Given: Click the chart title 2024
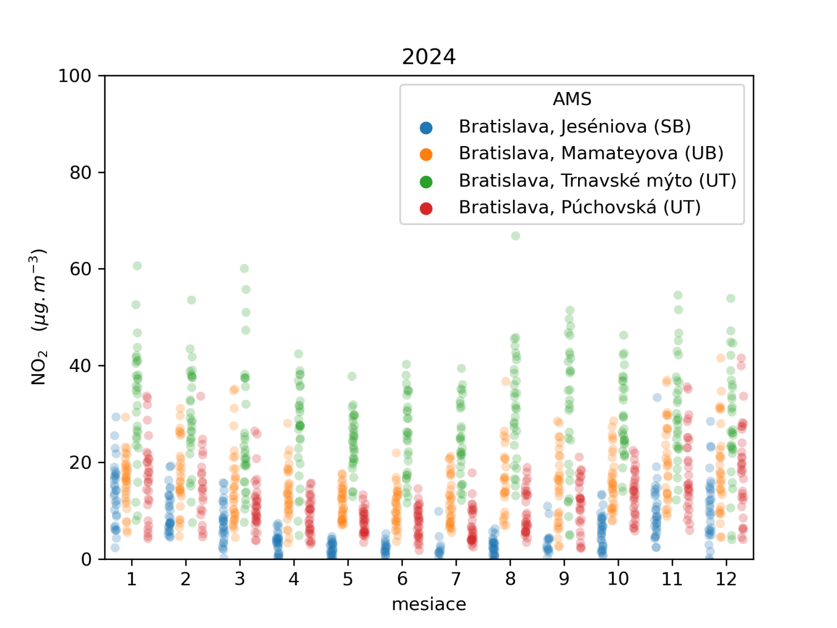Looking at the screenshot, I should tap(428, 57).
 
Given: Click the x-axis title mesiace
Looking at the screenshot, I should tap(428, 604).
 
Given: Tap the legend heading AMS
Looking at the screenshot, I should tap(572, 99).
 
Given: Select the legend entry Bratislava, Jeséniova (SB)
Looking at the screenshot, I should tap(574, 127).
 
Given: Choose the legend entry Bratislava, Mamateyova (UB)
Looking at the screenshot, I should tap(591, 153).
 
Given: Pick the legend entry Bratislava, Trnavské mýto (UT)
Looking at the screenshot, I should tap(597, 181).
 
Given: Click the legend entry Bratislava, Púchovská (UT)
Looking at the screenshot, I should tap(579, 207).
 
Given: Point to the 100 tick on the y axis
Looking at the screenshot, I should tap(74, 76).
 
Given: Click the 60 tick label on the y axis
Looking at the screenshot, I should tap(80, 269).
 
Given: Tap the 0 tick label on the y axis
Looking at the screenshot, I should tap(86, 559).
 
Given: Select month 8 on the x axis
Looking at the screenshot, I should tap(510, 579).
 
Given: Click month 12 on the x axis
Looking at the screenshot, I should tap(726, 579).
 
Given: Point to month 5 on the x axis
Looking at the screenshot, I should tap(348, 579).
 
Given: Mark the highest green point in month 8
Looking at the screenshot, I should tap(515, 236).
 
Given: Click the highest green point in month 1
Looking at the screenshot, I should tap(137, 266).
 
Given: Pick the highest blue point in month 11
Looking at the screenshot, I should tap(657, 397).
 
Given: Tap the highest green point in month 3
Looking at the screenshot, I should tap(244, 268).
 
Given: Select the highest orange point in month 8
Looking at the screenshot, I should tap(506, 381).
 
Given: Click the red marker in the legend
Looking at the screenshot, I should tap(426, 208).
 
